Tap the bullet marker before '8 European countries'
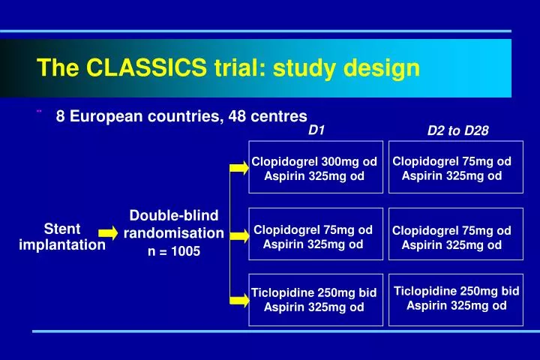tap(38, 112)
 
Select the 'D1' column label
tap(316, 130)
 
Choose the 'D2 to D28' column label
tap(457, 130)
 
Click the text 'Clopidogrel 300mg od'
tap(314, 161)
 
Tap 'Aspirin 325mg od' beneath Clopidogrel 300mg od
tap(314, 176)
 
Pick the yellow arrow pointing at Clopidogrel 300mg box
tap(238, 168)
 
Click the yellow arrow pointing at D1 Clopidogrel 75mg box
tap(238, 235)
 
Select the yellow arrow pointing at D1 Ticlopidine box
tap(238, 300)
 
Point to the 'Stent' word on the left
tap(62, 229)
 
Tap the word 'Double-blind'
tap(174, 216)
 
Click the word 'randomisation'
tap(174, 233)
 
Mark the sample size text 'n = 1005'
tap(174, 251)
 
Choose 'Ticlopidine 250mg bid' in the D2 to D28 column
tap(456, 290)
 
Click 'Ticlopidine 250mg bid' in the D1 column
tap(314, 292)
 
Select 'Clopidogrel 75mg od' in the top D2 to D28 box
tap(451, 161)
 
